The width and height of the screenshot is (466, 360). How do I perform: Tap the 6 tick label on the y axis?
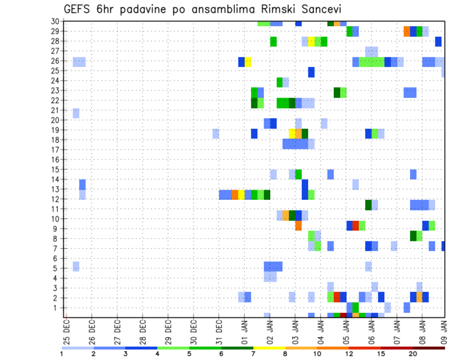point(57,258)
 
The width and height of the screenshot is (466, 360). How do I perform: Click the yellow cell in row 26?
point(248,62)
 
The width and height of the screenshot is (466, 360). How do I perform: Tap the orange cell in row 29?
point(407,32)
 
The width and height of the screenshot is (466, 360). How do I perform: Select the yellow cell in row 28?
point(311,42)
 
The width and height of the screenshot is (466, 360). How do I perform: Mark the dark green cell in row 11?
point(368,205)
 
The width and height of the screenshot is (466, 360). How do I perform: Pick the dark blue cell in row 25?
point(311,72)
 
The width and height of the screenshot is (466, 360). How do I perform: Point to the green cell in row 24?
point(280,82)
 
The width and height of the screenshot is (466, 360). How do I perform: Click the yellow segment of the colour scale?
point(269,348)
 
